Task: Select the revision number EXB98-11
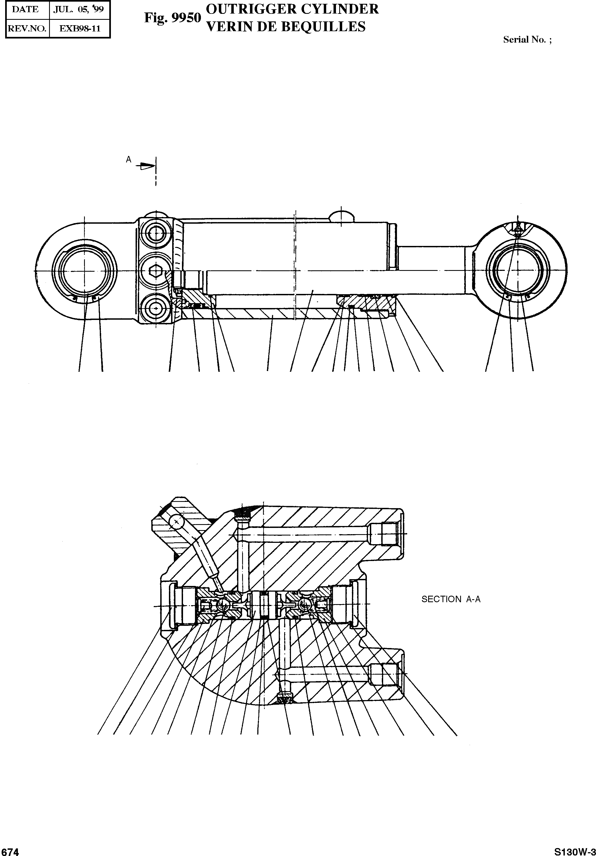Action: [80, 29]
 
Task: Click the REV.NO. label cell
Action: [27, 29]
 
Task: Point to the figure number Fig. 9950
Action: [172, 18]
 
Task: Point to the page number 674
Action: [10, 851]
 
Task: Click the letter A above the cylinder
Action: [129, 159]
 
